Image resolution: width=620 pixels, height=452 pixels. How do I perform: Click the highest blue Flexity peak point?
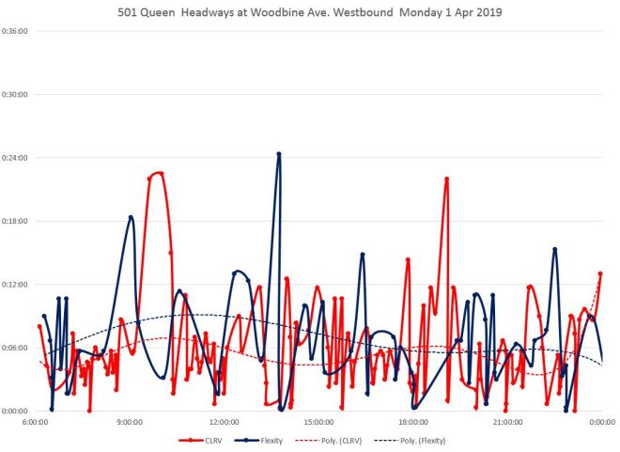tap(279, 153)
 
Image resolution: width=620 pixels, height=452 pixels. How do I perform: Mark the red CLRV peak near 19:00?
tap(447, 179)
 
